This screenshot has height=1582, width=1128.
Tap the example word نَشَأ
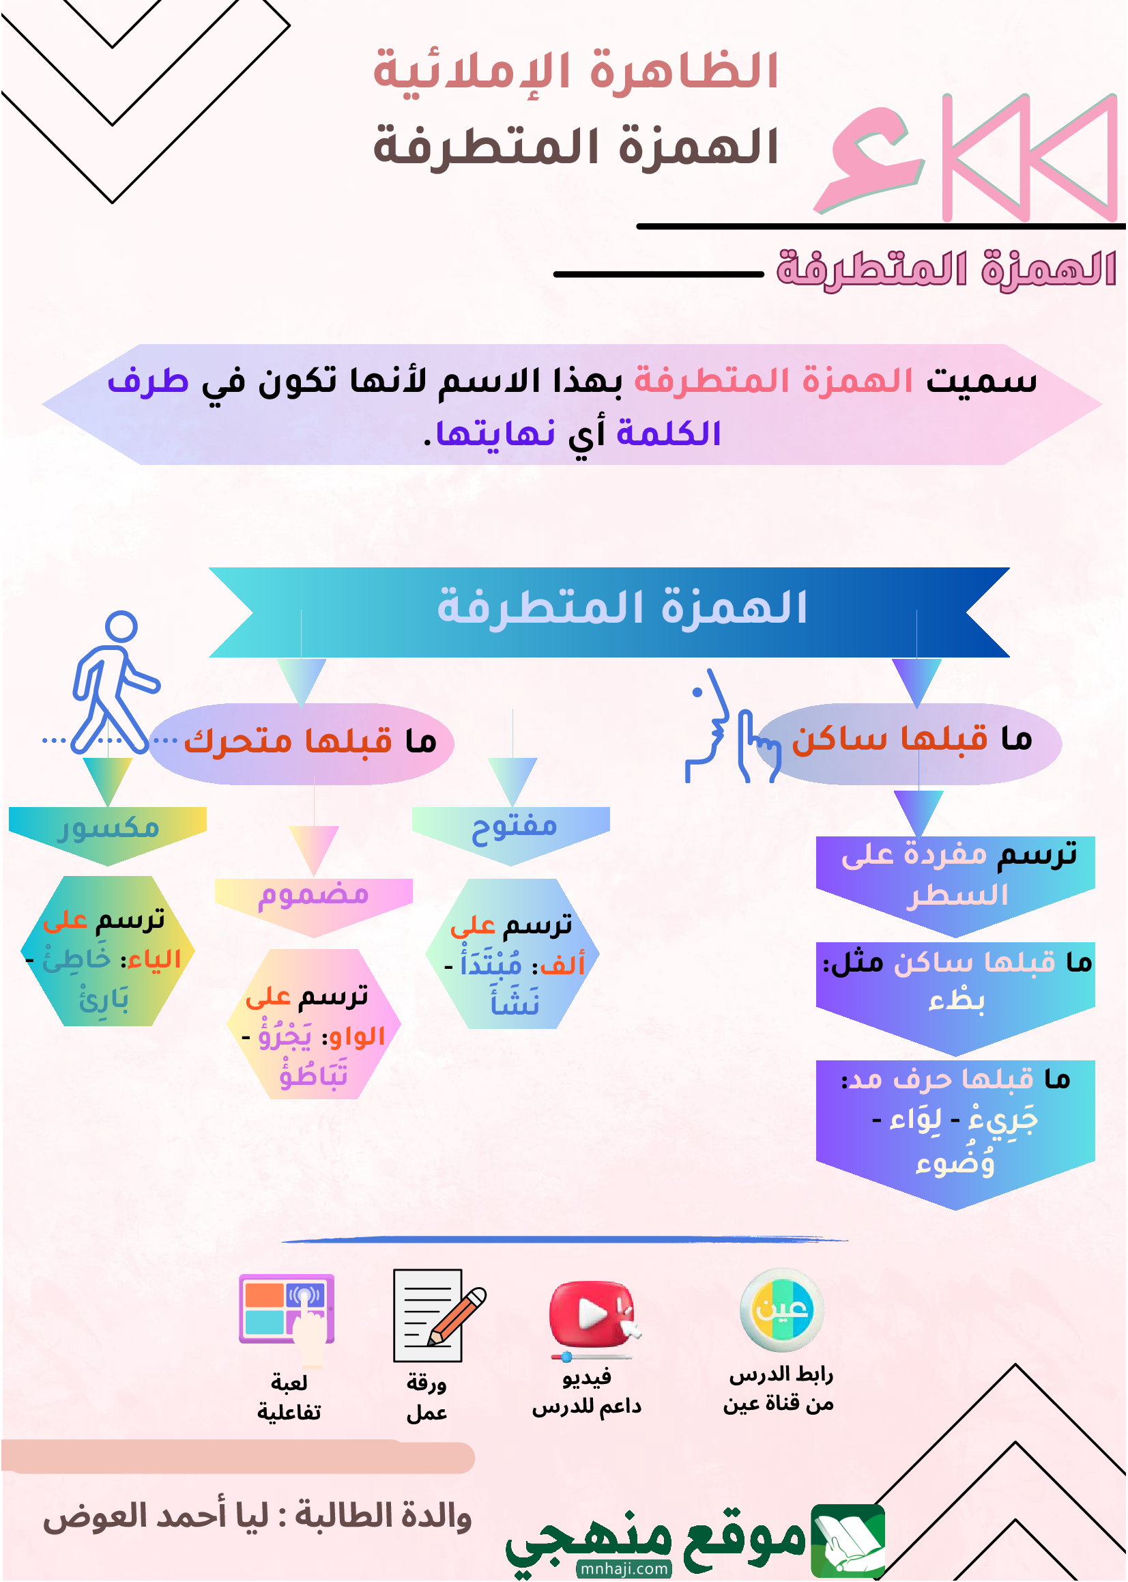(x=515, y=1000)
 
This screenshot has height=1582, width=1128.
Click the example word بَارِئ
(x=104, y=999)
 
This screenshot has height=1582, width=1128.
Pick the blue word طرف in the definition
(x=148, y=381)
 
